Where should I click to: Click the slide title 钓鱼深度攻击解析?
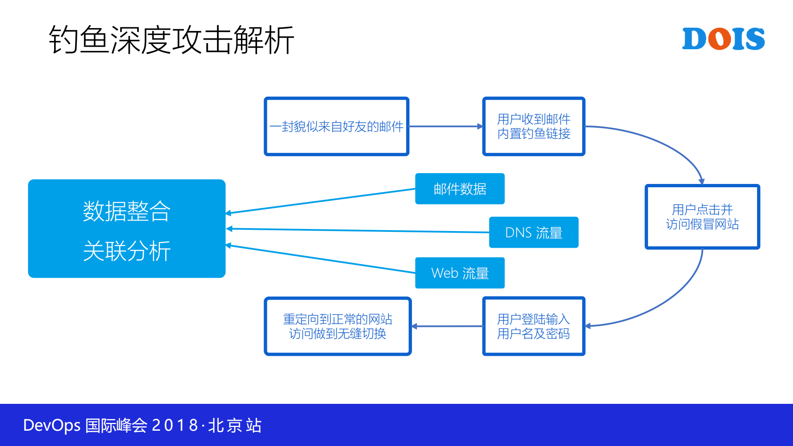click(171, 40)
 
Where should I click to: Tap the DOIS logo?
click(723, 39)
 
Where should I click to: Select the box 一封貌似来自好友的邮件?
click(336, 126)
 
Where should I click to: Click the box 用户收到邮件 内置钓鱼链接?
click(533, 126)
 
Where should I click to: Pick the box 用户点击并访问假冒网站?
click(702, 217)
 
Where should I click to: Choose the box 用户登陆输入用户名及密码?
click(533, 326)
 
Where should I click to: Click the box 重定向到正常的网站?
click(337, 326)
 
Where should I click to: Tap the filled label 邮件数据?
click(460, 189)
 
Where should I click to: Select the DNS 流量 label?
click(533, 232)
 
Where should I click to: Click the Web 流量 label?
click(460, 273)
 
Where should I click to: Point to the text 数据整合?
click(126, 211)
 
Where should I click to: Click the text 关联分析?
click(126, 250)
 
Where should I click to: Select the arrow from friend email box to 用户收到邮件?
click(445, 126)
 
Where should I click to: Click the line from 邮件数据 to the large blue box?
click(320, 201)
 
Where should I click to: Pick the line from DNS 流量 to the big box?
click(357, 231)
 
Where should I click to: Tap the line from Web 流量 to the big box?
click(320, 259)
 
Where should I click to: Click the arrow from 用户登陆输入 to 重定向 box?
click(447, 326)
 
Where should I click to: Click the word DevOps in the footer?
click(52, 425)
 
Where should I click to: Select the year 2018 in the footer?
click(175, 425)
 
